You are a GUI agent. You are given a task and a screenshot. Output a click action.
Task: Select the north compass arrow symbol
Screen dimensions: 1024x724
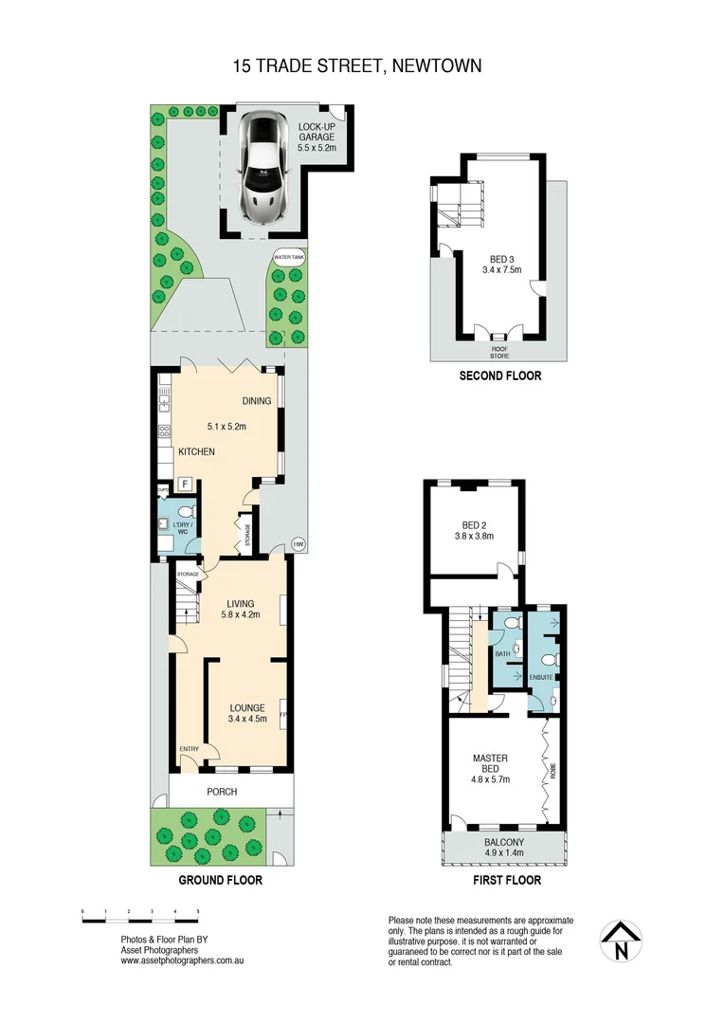click(x=621, y=942)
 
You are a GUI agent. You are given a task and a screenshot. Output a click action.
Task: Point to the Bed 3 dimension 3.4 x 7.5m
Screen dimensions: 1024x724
click(x=499, y=269)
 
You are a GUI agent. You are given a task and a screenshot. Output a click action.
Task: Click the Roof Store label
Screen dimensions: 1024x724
click(x=499, y=352)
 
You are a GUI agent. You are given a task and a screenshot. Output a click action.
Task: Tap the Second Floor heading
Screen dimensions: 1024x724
click(x=499, y=376)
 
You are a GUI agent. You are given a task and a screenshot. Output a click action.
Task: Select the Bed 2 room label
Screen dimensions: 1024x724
click(x=475, y=524)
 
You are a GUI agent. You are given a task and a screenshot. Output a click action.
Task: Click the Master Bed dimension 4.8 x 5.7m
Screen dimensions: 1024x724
click(x=491, y=780)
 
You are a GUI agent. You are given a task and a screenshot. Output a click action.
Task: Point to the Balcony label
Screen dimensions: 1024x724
click(x=504, y=841)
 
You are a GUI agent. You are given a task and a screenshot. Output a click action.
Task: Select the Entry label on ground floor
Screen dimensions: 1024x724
click(x=190, y=750)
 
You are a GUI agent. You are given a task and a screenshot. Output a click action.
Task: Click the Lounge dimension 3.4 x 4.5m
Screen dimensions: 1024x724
click(x=247, y=719)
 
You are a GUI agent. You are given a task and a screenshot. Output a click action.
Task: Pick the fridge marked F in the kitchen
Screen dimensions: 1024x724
click(x=186, y=484)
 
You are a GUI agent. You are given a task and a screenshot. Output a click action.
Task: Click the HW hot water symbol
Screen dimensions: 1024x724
click(x=299, y=543)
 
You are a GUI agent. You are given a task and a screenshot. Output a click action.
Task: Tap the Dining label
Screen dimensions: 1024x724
click(x=256, y=400)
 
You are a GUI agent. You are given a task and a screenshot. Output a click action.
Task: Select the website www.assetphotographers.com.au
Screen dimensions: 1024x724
click(x=183, y=960)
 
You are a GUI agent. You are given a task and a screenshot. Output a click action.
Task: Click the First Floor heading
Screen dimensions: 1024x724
click(x=507, y=880)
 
